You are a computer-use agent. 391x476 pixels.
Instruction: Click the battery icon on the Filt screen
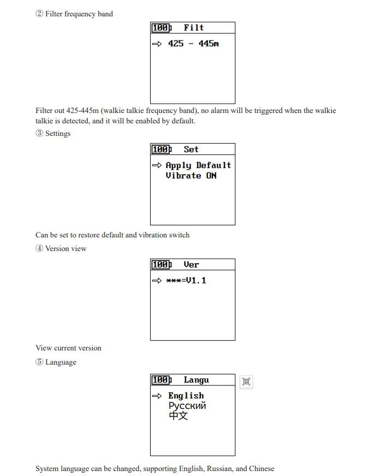162,28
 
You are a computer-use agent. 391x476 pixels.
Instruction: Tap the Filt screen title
193,28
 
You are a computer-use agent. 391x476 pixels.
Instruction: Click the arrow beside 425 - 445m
157,44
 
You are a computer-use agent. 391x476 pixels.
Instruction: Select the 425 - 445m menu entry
193,44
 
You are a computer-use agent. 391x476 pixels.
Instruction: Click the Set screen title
191,150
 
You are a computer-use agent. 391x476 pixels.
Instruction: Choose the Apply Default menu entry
198,165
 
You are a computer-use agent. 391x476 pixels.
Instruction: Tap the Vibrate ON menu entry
191,176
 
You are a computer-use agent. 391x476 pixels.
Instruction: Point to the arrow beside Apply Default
157,165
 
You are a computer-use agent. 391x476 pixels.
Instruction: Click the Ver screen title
191,265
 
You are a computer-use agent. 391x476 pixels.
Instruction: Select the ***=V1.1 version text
186,281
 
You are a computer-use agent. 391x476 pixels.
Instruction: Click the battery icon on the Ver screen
162,265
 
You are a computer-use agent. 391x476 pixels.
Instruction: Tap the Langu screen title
196,380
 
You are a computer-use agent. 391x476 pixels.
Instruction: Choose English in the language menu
186,396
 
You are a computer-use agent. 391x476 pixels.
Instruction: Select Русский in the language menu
187,406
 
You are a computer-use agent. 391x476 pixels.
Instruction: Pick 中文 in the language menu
179,415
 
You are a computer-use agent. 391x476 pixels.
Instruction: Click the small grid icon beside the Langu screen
246,382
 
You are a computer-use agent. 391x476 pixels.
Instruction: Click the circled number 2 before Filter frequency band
39,14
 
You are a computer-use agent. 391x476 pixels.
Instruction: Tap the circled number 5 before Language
39,362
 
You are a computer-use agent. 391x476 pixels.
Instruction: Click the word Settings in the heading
58,134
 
